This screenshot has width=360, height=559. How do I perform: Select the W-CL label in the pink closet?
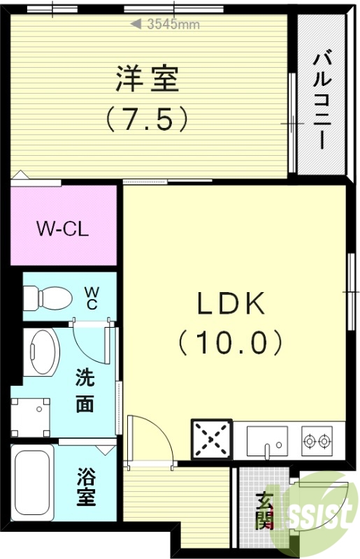pos(63,228)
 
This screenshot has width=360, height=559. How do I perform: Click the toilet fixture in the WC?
pos(48,298)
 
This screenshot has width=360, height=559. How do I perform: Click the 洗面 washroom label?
pos(85,391)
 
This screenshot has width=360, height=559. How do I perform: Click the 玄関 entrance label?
pos(264,511)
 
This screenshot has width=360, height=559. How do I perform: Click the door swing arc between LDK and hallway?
pos(150,437)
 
